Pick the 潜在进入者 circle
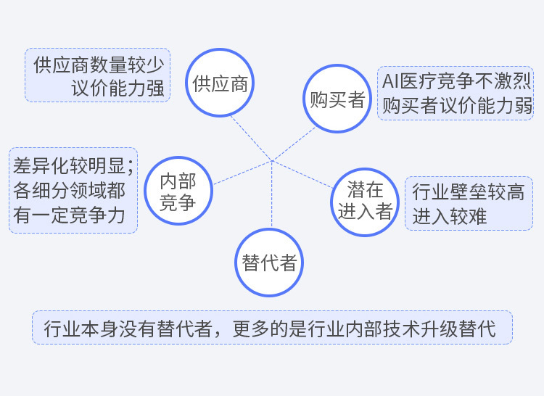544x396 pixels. [365, 200]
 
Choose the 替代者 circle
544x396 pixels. [269, 263]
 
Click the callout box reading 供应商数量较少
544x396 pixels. [97, 75]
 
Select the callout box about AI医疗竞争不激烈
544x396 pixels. [456, 94]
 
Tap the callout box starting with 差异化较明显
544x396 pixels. [73, 191]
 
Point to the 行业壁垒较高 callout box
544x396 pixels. [469, 204]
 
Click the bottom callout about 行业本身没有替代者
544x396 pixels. [272, 328]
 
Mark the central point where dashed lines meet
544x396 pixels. [271, 160]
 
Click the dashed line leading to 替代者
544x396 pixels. [271, 196]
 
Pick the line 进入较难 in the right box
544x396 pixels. [450, 216]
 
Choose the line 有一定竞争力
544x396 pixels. [69, 215]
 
